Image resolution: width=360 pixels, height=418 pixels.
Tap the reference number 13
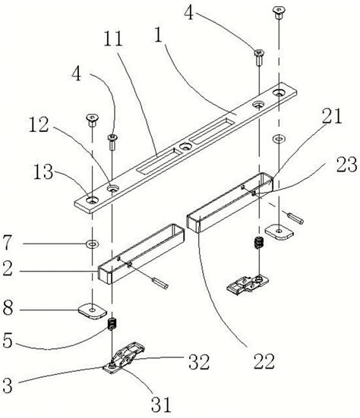tap(43, 171)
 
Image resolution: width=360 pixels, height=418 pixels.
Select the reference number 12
tap(39, 125)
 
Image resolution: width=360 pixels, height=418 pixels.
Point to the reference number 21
tap(332, 117)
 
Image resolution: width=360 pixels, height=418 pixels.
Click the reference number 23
tap(346, 164)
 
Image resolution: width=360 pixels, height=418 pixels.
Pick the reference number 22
tap(264, 362)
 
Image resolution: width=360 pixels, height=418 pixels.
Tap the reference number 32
tap(199, 362)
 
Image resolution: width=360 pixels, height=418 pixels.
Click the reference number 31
tap(161, 404)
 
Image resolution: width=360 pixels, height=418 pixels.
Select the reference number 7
tap(7, 242)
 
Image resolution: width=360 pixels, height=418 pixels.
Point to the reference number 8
tap(8, 309)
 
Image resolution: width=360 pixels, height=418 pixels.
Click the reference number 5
tap(8, 340)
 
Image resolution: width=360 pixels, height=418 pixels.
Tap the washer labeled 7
tap(93, 244)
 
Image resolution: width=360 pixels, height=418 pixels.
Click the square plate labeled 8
tap(93, 310)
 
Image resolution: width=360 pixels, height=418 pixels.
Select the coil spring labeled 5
tap(112, 324)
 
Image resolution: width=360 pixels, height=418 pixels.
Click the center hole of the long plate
tap(185, 146)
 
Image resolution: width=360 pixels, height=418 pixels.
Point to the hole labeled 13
tap(93, 200)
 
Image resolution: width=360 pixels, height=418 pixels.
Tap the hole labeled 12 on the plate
tap(113, 189)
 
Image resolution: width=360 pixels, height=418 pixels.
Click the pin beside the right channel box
tap(295, 218)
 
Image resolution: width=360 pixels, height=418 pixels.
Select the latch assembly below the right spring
tap(248, 285)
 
